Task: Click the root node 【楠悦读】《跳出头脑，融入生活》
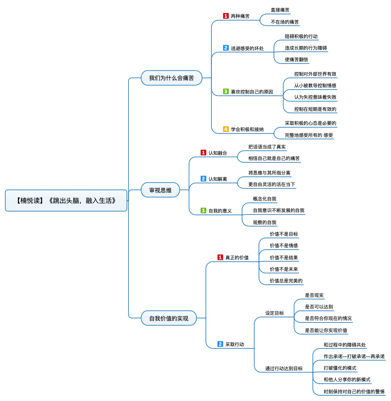coord(66,200)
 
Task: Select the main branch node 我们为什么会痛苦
coord(171,78)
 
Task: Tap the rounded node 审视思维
coord(160,190)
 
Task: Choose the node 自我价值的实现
coord(169,318)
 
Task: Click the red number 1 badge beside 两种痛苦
coord(226,16)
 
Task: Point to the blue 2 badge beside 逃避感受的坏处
coord(226,48)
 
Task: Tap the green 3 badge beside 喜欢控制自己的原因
coord(226,91)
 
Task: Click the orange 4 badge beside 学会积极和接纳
coord(226,129)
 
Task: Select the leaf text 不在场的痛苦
coord(285,22)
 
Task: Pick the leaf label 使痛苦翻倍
coord(297,60)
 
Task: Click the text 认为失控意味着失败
coord(315,97)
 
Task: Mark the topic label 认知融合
coord(218,153)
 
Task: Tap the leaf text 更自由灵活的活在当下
coord(272,185)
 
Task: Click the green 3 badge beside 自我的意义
coord(203,211)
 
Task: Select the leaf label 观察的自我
coord(264,222)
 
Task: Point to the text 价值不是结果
coord(284,257)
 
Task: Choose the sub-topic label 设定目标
coord(274,313)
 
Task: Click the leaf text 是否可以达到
coord(319,307)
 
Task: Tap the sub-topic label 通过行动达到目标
coord(284,369)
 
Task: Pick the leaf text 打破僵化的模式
coord(340,368)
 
